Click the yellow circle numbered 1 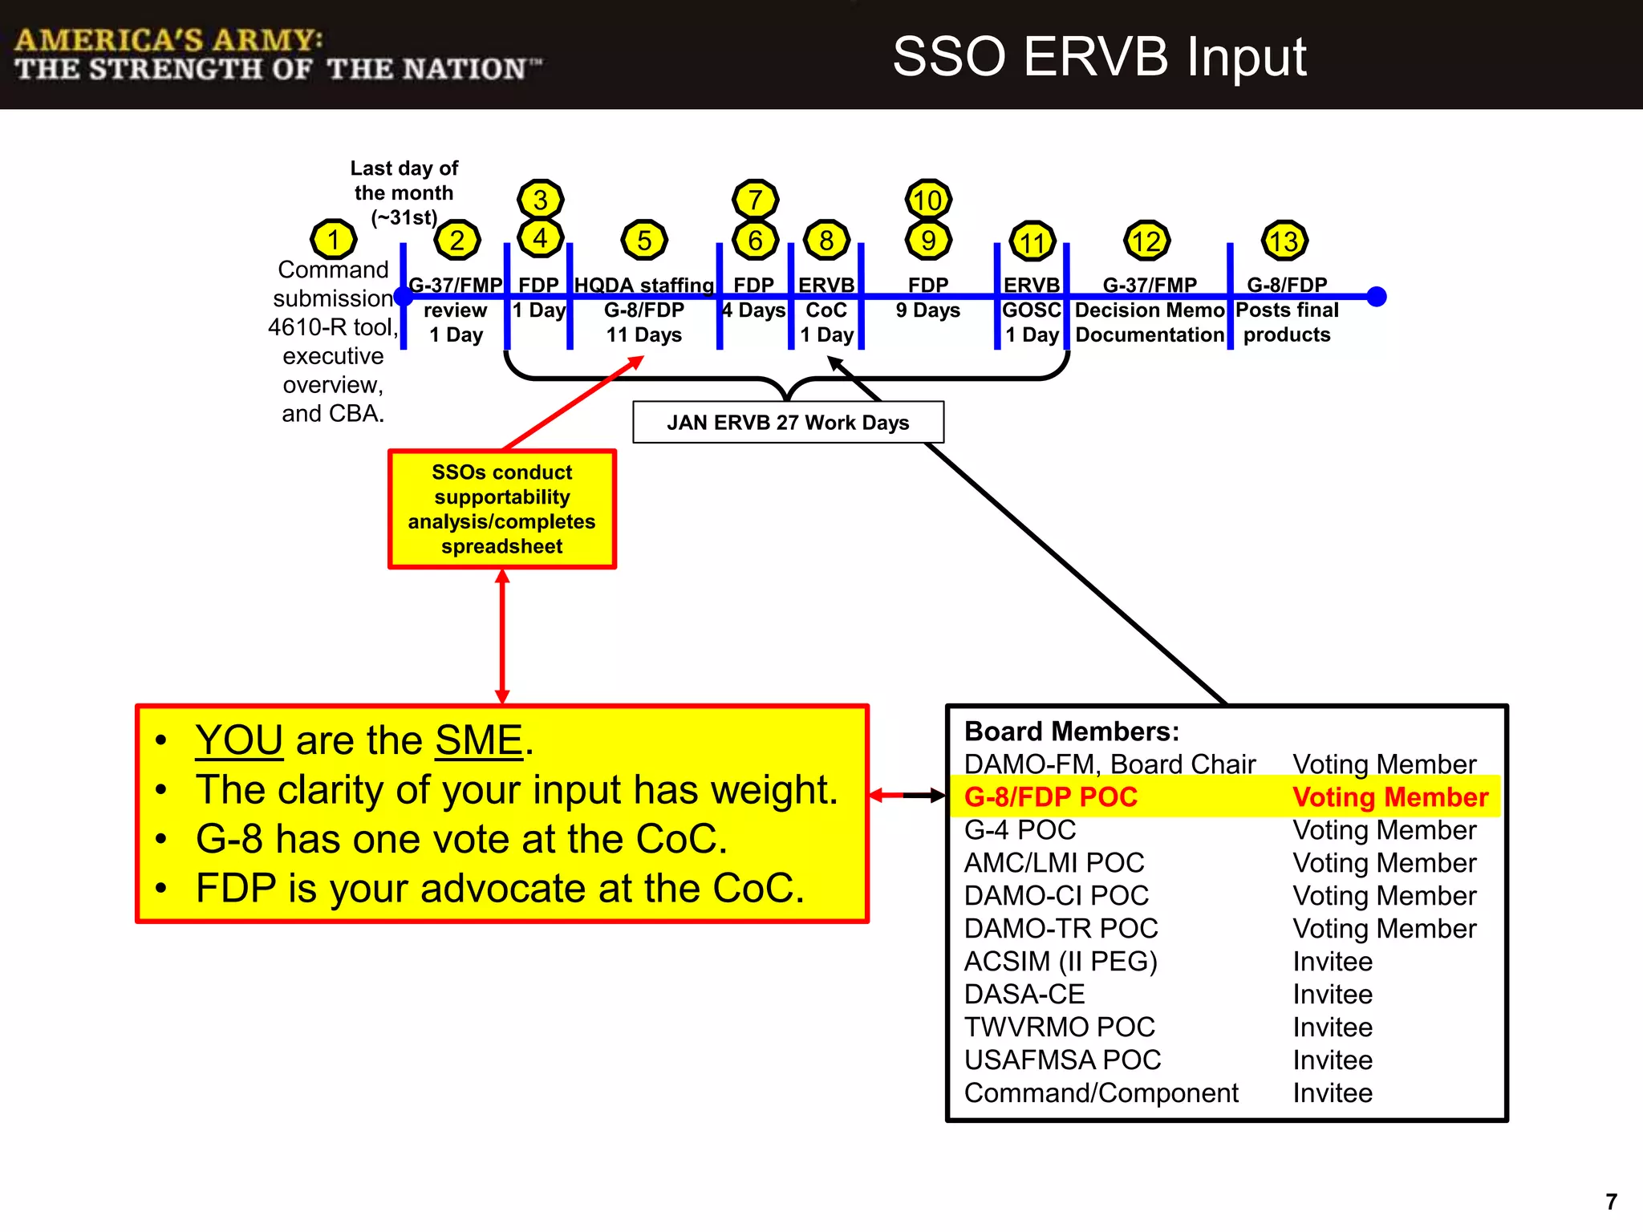pyautogui.click(x=333, y=239)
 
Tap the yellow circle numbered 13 pyautogui.click(x=1285, y=241)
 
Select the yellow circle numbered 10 pyautogui.click(x=928, y=200)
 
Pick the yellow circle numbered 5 pyautogui.click(x=644, y=240)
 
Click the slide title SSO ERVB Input pyautogui.click(x=1099, y=57)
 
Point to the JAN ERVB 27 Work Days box pyautogui.click(x=788, y=423)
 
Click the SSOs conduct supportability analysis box pyautogui.click(x=502, y=509)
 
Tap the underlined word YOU pyautogui.click(x=239, y=740)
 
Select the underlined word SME pyautogui.click(x=479, y=740)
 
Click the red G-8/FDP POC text pyautogui.click(x=1051, y=797)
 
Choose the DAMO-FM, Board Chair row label pyautogui.click(x=1110, y=764)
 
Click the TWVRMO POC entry pyautogui.click(x=1059, y=1027)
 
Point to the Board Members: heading pyautogui.click(x=1072, y=731)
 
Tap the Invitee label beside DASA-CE pyautogui.click(x=1333, y=995)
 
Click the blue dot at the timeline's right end pyautogui.click(x=1377, y=297)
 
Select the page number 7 pyautogui.click(x=1611, y=1202)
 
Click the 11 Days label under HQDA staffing pyautogui.click(x=644, y=335)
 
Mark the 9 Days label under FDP pyautogui.click(x=928, y=310)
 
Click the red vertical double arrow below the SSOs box pyautogui.click(x=502, y=637)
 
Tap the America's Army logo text pyautogui.click(x=278, y=55)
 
